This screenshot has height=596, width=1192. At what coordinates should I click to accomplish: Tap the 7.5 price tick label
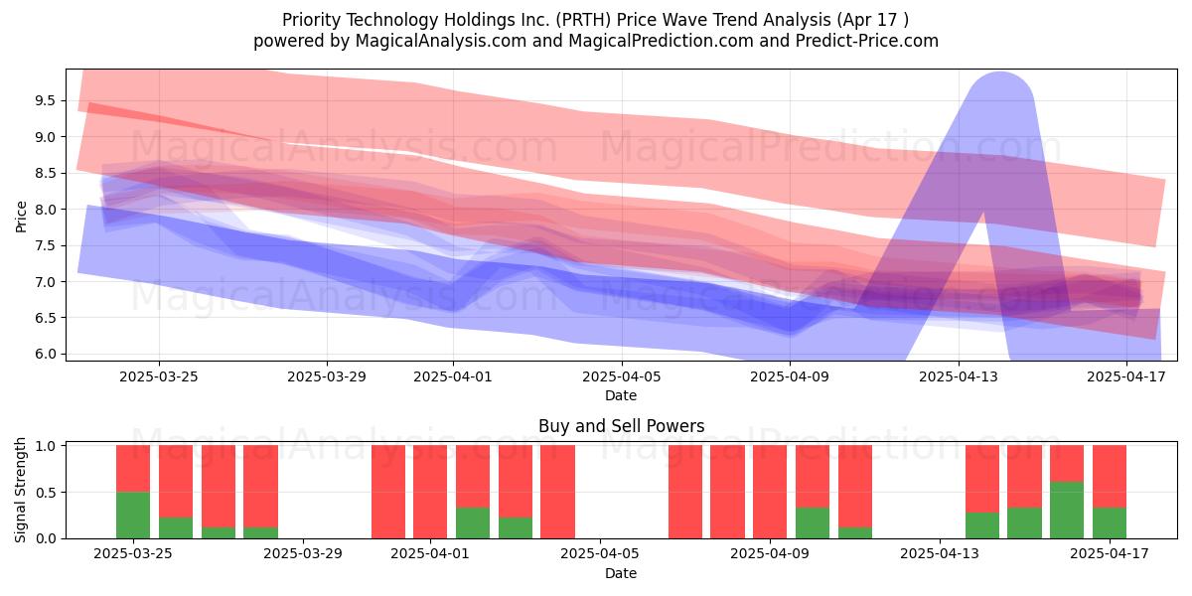[46, 245]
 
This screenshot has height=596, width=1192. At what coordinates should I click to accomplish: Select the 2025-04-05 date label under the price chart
[622, 376]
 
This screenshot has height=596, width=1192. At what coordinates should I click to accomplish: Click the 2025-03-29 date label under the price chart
[327, 376]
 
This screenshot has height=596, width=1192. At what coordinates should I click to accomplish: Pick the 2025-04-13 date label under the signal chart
[940, 553]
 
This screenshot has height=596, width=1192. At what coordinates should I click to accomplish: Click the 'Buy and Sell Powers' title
[622, 426]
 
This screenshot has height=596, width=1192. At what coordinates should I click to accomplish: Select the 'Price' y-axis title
[21, 217]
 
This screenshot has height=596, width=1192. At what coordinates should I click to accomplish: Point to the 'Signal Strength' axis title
[20, 490]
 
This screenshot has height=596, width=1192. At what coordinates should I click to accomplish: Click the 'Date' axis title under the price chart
[621, 395]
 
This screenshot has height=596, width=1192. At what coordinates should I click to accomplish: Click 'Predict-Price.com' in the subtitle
[867, 41]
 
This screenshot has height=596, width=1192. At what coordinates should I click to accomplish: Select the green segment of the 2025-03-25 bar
[133, 516]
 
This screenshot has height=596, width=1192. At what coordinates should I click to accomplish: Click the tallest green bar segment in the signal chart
[1067, 511]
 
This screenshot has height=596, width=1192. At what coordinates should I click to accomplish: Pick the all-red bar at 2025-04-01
[430, 492]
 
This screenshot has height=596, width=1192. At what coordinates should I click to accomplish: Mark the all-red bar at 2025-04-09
[770, 492]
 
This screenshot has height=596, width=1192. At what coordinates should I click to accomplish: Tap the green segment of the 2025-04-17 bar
[1110, 523]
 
